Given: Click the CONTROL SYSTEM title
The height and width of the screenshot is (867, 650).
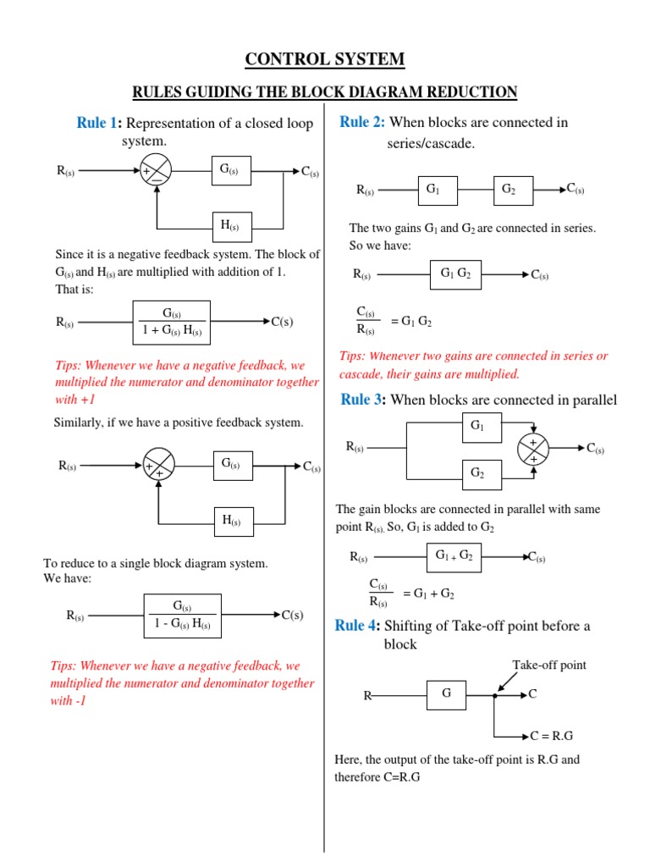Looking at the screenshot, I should pyautogui.click(x=325, y=59).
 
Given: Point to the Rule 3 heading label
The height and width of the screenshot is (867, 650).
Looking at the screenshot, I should pyautogui.click(x=363, y=400).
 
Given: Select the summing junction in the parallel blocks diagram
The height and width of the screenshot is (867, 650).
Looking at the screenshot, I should pyautogui.click(x=533, y=448).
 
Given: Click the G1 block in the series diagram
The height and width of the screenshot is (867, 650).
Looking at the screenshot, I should pyautogui.click(x=433, y=191).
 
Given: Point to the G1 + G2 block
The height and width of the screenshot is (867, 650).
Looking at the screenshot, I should pyautogui.click(x=454, y=556).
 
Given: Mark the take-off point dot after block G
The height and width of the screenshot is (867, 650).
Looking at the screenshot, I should pyautogui.click(x=494, y=696).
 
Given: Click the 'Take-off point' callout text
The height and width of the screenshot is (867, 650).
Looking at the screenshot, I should pyautogui.click(x=548, y=665).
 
